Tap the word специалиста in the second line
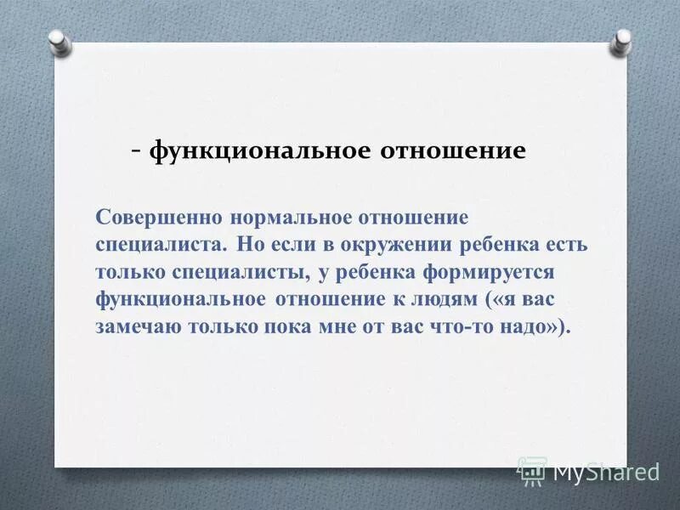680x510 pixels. coord(161,245)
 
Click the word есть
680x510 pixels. coord(569,245)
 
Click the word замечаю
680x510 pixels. coord(136,328)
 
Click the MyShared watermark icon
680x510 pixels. coord(532,471)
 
